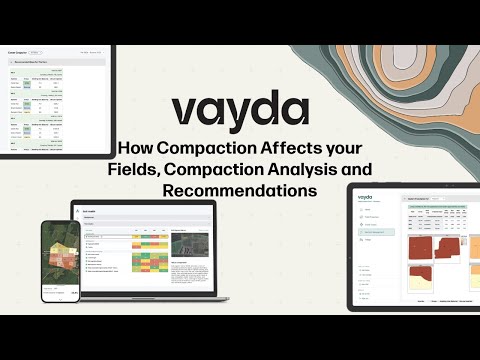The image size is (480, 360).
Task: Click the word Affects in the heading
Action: click(284, 148)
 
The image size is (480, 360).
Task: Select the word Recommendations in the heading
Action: click(240, 188)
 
